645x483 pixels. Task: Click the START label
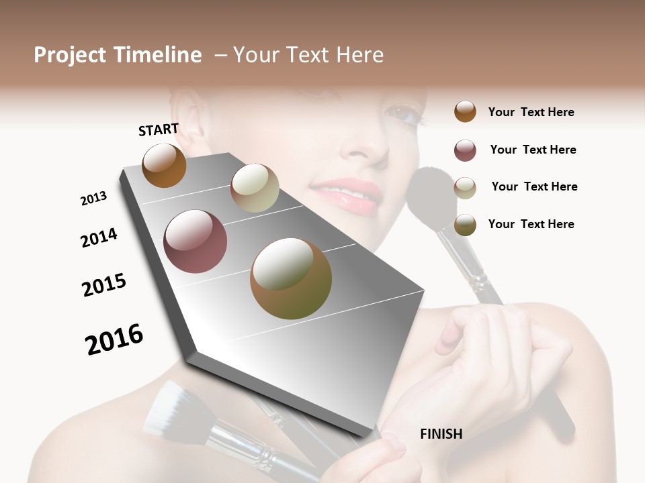tap(159, 129)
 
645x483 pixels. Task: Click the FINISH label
tap(441, 434)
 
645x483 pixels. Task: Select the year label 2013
tap(94, 199)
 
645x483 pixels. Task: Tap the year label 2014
tap(99, 237)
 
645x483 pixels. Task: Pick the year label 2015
tap(104, 285)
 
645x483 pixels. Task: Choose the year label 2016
tap(114, 339)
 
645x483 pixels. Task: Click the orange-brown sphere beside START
tap(164, 165)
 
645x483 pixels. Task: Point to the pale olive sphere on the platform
tap(255, 188)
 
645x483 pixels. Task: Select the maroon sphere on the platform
tap(195, 241)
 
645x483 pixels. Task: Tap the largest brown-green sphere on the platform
tap(291, 278)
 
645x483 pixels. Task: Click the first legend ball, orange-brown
tap(465, 111)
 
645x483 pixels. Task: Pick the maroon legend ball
tap(465, 150)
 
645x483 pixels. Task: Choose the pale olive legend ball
tap(465, 187)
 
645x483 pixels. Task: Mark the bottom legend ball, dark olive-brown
tap(465, 225)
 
